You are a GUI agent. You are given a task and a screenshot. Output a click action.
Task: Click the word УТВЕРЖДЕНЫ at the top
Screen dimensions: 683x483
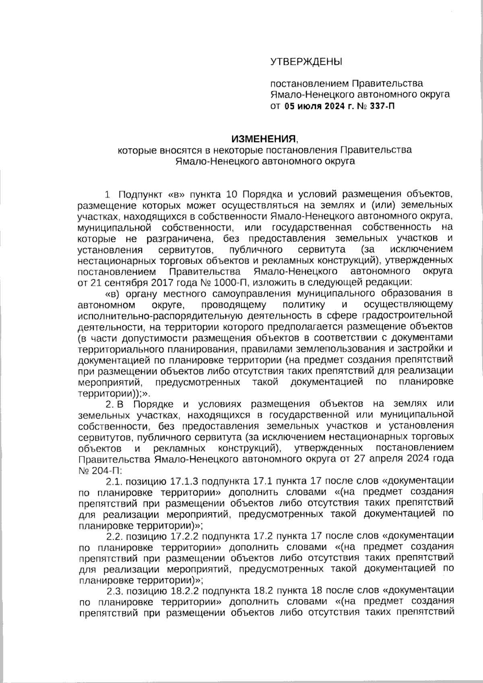pos(305,62)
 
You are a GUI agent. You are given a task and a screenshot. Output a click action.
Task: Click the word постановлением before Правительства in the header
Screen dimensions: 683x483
pos(310,84)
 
